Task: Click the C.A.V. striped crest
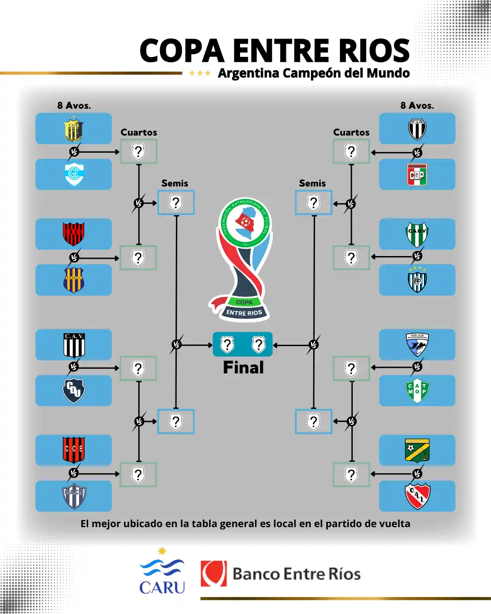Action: pyautogui.click(x=74, y=345)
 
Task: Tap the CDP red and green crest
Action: pyautogui.click(x=417, y=175)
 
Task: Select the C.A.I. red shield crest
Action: pyautogui.click(x=417, y=496)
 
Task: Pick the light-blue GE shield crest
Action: pyautogui.click(x=74, y=174)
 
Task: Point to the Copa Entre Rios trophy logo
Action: pyautogui.click(x=244, y=259)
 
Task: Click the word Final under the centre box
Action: pyautogui.click(x=243, y=367)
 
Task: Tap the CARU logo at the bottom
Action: pyautogui.click(x=162, y=572)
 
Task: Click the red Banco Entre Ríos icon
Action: pyautogui.click(x=214, y=574)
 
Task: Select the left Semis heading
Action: pyautogui.click(x=175, y=183)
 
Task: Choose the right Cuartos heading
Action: pyautogui.click(x=351, y=132)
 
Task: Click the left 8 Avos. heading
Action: pyautogui.click(x=74, y=106)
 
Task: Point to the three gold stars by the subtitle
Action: pyautogui.click(x=200, y=73)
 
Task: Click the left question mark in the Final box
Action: pyautogui.click(x=227, y=344)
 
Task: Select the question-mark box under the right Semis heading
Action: pyautogui.click(x=313, y=202)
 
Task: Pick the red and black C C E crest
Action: pyautogui.click(x=74, y=449)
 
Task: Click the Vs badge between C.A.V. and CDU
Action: pyautogui.click(x=73, y=367)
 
